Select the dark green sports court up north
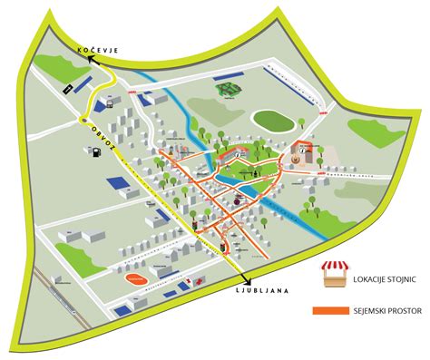(x=229, y=90)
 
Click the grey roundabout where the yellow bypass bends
(x=83, y=118)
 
